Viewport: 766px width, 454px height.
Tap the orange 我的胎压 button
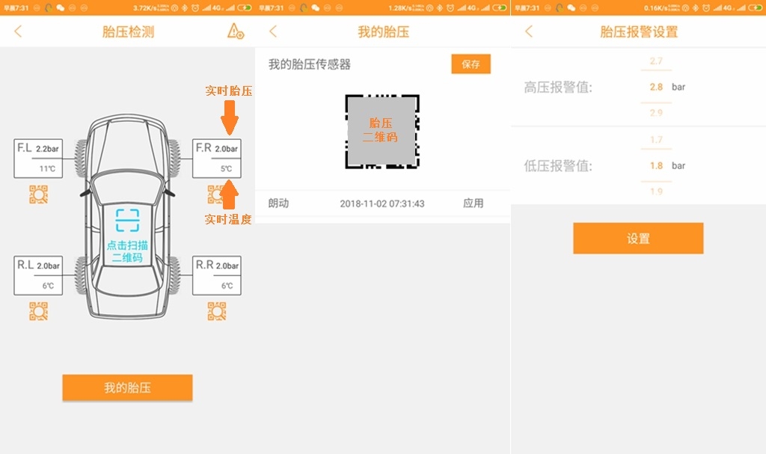(127, 387)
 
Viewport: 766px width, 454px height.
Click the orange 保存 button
(471, 64)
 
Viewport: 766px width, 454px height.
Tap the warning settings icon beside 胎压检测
(235, 31)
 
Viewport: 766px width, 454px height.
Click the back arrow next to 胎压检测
(19, 31)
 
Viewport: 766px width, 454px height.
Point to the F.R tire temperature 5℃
(226, 169)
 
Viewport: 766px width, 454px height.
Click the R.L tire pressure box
(39, 274)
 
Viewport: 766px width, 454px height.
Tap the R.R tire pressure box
(217, 274)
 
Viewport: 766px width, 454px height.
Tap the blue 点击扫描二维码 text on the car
(127, 251)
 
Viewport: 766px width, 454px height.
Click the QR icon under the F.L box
(38, 194)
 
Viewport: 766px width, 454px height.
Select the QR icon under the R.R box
(217, 311)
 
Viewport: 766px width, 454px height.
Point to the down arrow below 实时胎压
(230, 119)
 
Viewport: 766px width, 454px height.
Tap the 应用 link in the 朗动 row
(473, 203)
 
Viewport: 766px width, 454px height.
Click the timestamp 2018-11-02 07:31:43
(382, 203)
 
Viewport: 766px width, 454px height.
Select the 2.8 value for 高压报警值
(656, 87)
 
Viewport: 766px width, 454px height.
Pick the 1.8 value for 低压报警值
(656, 165)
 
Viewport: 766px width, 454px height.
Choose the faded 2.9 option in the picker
(656, 113)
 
